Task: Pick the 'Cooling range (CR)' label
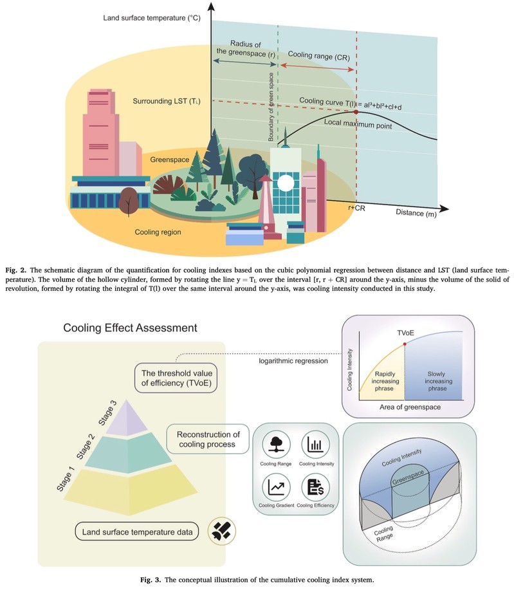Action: click(x=318, y=56)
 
